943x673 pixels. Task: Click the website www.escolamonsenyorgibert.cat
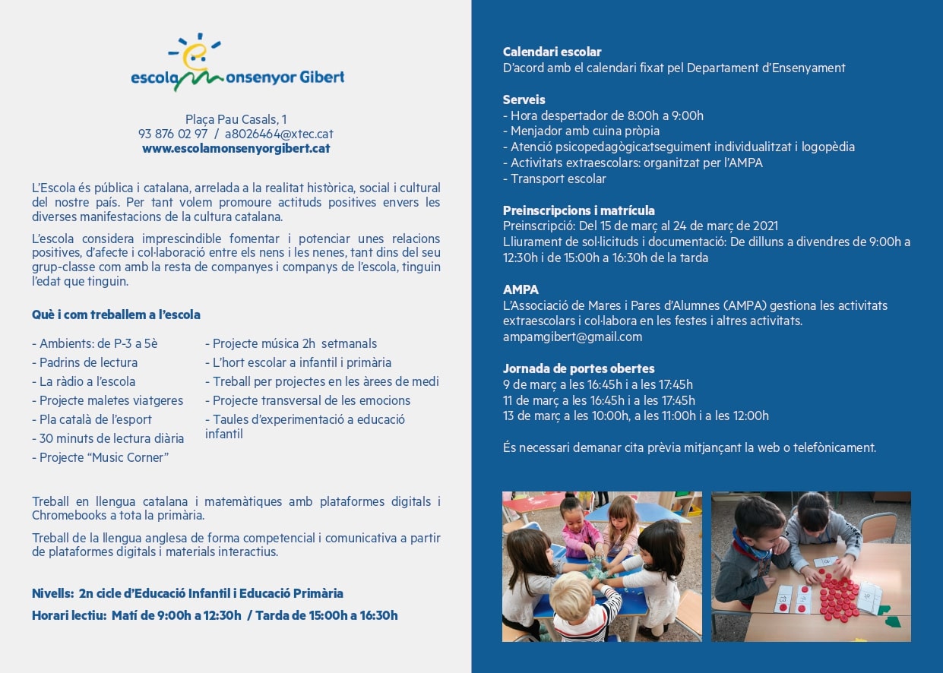[x=236, y=148]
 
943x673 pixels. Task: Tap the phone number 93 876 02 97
[x=172, y=134]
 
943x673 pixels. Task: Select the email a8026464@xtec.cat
[x=279, y=134]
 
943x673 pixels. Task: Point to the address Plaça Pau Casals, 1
[x=236, y=119]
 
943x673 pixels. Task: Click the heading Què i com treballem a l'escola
[x=116, y=314]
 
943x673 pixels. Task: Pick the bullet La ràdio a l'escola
[x=84, y=381]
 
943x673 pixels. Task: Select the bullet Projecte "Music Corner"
[x=100, y=457]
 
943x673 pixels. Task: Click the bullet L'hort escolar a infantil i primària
[x=298, y=362]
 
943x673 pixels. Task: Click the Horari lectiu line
[x=214, y=615]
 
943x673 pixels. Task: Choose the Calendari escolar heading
[x=552, y=52]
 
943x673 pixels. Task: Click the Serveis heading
[x=524, y=100]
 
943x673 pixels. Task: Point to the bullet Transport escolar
[x=555, y=179]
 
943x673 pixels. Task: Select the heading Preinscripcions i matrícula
[x=579, y=210]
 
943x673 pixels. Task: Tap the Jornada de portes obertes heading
[x=578, y=368]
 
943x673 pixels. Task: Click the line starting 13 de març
[x=635, y=415]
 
